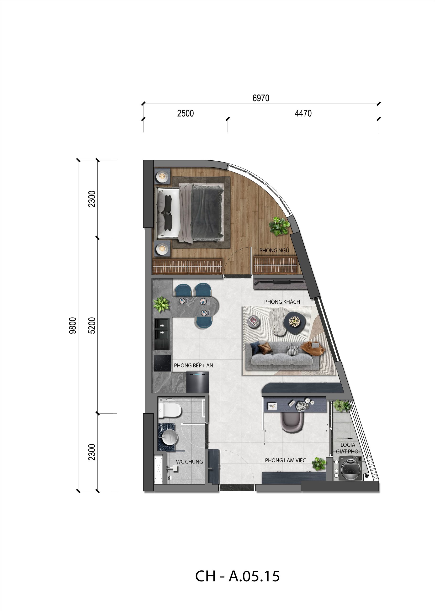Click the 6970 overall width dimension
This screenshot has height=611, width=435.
(x=261, y=98)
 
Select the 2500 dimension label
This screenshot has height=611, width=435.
(x=185, y=114)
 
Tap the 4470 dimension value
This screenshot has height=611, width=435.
(x=303, y=114)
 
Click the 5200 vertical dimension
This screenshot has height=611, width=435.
(x=92, y=325)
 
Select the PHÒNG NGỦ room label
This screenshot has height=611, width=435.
(x=274, y=250)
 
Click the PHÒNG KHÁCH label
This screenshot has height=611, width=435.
(x=282, y=302)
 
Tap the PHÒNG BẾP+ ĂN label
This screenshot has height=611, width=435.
(x=193, y=365)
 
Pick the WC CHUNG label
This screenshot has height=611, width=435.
(x=189, y=462)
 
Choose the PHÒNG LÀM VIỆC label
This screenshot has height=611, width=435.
(x=285, y=460)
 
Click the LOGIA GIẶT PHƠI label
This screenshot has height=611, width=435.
(x=348, y=448)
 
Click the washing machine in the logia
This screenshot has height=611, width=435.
(x=350, y=469)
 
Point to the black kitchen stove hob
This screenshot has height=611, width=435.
(x=163, y=363)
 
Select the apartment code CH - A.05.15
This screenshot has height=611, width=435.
(x=237, y=576)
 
